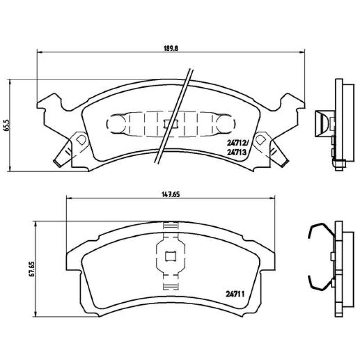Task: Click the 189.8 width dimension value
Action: (171, 49)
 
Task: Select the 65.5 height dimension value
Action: (7, 125)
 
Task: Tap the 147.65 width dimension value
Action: (171, 194)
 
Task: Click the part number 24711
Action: (235, 294)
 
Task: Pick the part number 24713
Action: (236, 152)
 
